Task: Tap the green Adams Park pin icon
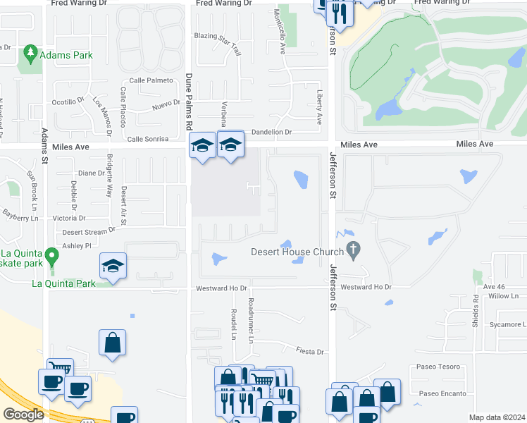coord(30,53)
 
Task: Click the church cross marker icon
coord(355,250)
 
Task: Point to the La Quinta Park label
coord(63,284)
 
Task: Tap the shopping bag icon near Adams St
coord(112,343)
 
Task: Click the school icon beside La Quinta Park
coord(113,266)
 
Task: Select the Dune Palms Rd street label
coord(189,102)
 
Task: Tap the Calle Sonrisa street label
coord(147,139)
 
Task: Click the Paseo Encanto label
coord(442,393)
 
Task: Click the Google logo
coord(23,414)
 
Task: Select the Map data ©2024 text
coord(497,417)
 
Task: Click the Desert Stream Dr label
coord(88,231)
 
